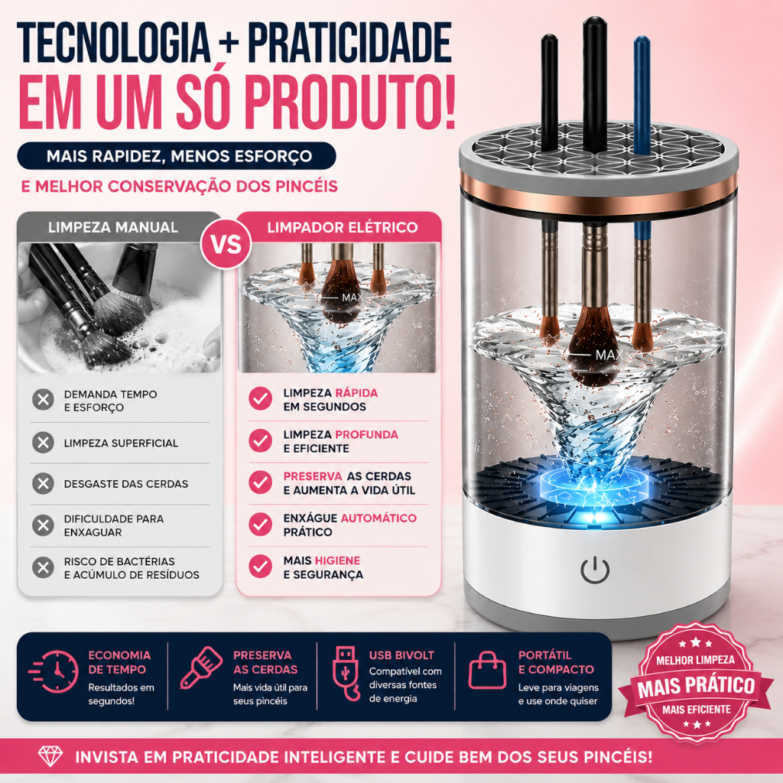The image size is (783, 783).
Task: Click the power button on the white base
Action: pyautogui.click(x=595, y=570)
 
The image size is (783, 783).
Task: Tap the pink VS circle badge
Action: pyautogui.click(x=226, y=244)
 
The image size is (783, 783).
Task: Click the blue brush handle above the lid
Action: pyautogui.click(x=642, y=95)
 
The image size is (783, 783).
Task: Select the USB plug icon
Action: pyautogui.click(x=346, y=674)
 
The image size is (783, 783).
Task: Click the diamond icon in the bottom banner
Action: pyautogui.click(x=50, y=756)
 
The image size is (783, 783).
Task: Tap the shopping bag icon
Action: pyautogui.click(x=487, y=670)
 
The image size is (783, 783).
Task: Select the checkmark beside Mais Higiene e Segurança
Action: pyautogui.click(x=260, y=567)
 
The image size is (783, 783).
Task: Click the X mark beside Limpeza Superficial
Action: pyautogui.click(x=44, y=443)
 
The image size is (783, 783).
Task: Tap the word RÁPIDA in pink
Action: pyautogui.click(x=356, y=393)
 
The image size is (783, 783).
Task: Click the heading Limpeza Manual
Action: pyautogui.click(x=113, y=227)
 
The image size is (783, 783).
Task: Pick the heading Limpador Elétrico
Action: pyautogui.click(x=342, y=227)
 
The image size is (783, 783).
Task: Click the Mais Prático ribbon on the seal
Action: pyautogui.click(x=696, y=686)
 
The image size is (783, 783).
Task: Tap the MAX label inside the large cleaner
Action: pyautogui.click(x=609, y=355)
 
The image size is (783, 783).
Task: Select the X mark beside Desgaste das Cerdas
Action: pyautogui.click(x=44, y=483)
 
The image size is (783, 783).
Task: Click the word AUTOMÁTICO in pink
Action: pyautogui.click(x=379, y=518)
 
